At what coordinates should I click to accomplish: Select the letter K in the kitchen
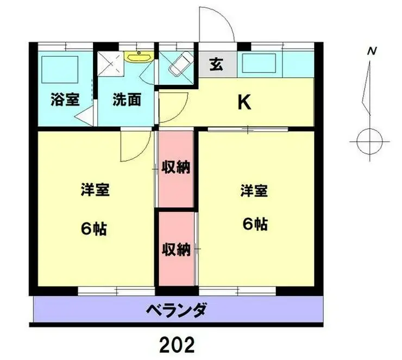pyautogui.click(x=245, y=103)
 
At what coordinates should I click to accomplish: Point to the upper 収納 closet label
pyautogui.click(x=176, y=167)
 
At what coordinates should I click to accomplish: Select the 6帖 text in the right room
pyautogui.click(x=254, y=224)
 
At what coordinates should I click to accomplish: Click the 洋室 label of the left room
pyautogui.click(x=95, y=191)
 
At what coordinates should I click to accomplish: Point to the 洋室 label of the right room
pyautogui.click(x=254, y=191)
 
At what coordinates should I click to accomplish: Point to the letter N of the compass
pyautogui.click(x=372, y=52)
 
